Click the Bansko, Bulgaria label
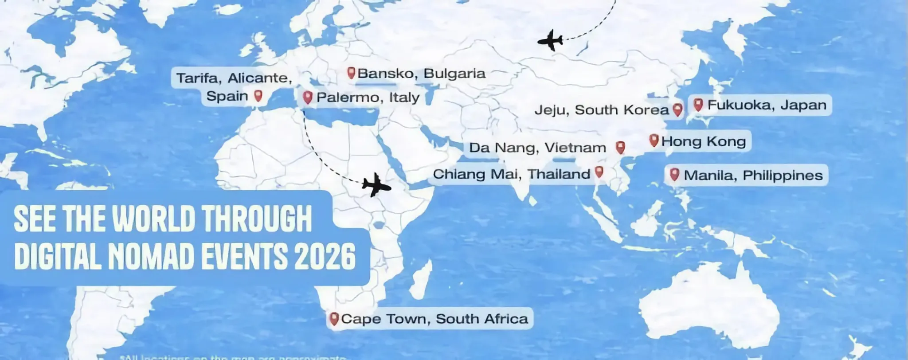(x=421, y=73)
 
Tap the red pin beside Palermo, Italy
(x=307, y=97)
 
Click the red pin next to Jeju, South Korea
(x=677, y=109)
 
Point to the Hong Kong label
(x=703, y=141)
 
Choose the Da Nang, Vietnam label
(x=537, y=148)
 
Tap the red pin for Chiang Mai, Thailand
(x=599, y=172)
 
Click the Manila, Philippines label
(x=753, y=175)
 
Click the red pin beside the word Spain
(x=258, y=95)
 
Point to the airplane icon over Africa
(x=376, y=184)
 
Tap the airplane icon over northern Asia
(x=550, y=40)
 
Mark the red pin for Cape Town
(x=334, y=318)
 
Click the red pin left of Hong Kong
(x=653, y=141)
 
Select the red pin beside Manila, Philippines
(x=674, y=174)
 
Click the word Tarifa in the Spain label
(x=197, y=78)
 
